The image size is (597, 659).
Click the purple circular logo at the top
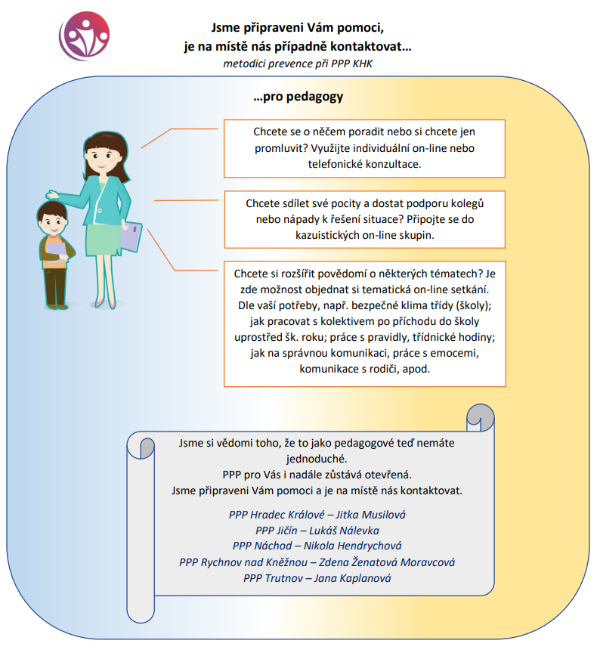pyautogui.click(x=84, y=36)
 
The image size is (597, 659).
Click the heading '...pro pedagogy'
pyautogui.click(x=298, y=97)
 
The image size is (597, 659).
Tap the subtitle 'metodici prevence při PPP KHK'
pyautogui.click(x=298, y=63)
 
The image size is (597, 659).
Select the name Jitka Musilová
pyautogui.click(x=371, y=515)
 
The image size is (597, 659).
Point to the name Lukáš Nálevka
pyautogui.click(x=344, y=531)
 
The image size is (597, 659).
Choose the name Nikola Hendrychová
pyautogui.click(x=352, y=546)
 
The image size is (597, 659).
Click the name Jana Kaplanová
pyautogui.click(x=352, y=578)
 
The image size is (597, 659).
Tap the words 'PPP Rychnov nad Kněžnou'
pyautogui.click(x=243, y=562)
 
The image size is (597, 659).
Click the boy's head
pyautogui.click(x=52, y=218)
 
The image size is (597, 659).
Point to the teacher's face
pyautogui.click(x=101, y=159)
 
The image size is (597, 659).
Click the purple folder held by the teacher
pyautogui.click(x=131, y=237)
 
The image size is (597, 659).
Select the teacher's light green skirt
pyautogui.click(x=104, y=240)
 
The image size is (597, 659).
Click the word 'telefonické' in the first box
pyautogui.click(x=333, y=164)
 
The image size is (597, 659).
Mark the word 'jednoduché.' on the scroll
pyautogui.click(x=317, y=459)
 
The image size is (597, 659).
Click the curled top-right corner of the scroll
pyautogui.click(x=480, y=417)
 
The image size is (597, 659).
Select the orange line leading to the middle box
pyautogui.click(x=186, y=200)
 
